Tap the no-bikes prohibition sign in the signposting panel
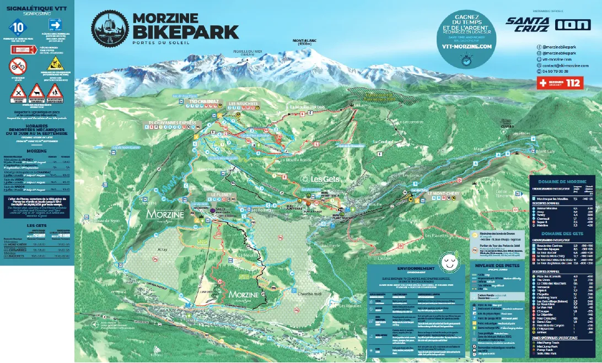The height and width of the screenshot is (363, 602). (17, 66)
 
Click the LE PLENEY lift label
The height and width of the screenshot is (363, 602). (219, 195)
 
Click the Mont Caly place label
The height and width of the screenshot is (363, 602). (546, 151)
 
